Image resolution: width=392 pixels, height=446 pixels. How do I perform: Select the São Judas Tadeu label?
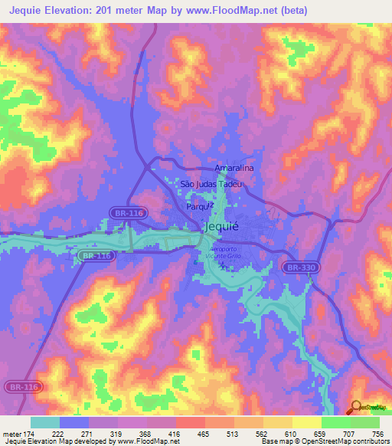[211, 184]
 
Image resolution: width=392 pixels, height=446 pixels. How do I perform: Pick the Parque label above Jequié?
[197, 206]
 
